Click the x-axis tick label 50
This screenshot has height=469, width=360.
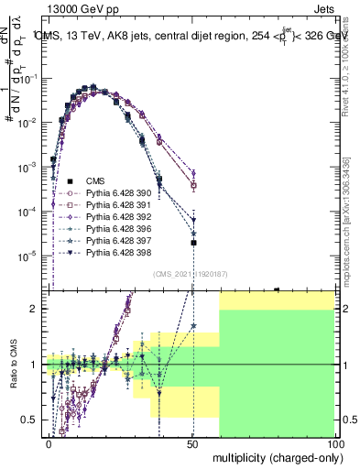(x=192, y=443)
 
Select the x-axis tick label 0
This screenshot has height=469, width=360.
(x=49, y=443)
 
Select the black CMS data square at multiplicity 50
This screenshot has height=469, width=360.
(x=193, y=243)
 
